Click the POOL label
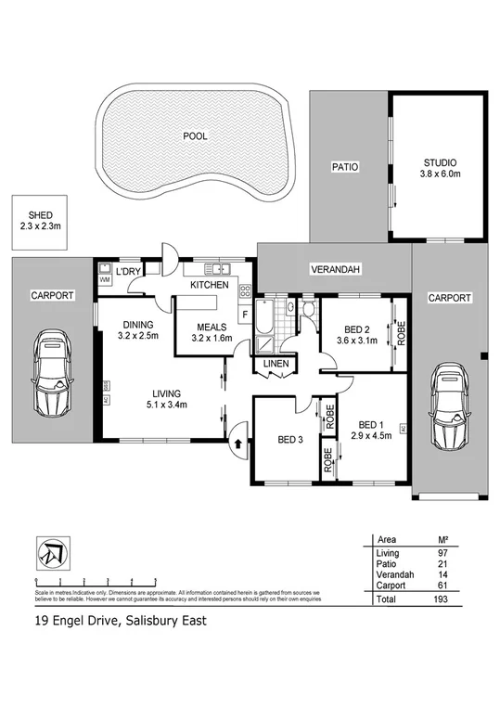195,135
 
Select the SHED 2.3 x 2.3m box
40,220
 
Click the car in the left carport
50,374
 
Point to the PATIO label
345,167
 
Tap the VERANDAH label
335,269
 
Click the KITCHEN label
210,285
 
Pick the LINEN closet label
277,363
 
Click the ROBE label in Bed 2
401,332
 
